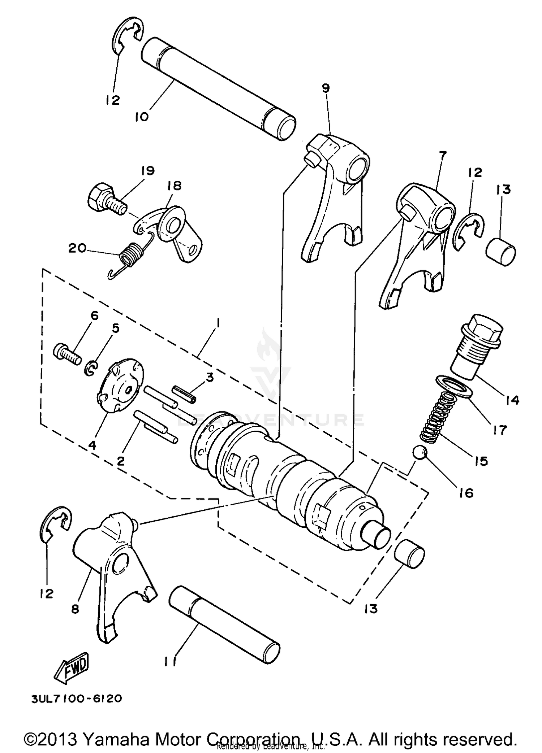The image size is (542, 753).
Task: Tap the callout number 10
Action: pos(142,117)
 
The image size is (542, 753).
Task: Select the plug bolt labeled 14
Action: pos(477,347)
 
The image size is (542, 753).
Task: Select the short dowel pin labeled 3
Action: pos(184,393)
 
